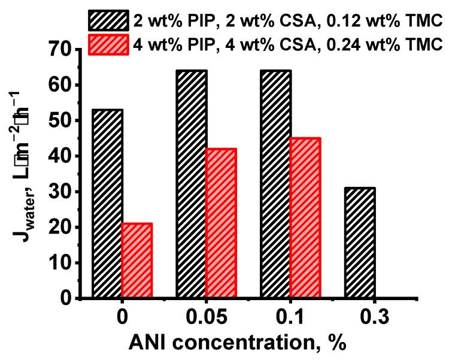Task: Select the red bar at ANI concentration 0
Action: (136, 261)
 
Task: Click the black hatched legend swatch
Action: (108, 21)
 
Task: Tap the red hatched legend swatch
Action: (108, 44)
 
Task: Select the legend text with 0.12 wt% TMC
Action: (287, 21)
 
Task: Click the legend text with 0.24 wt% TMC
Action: (287, 44)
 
